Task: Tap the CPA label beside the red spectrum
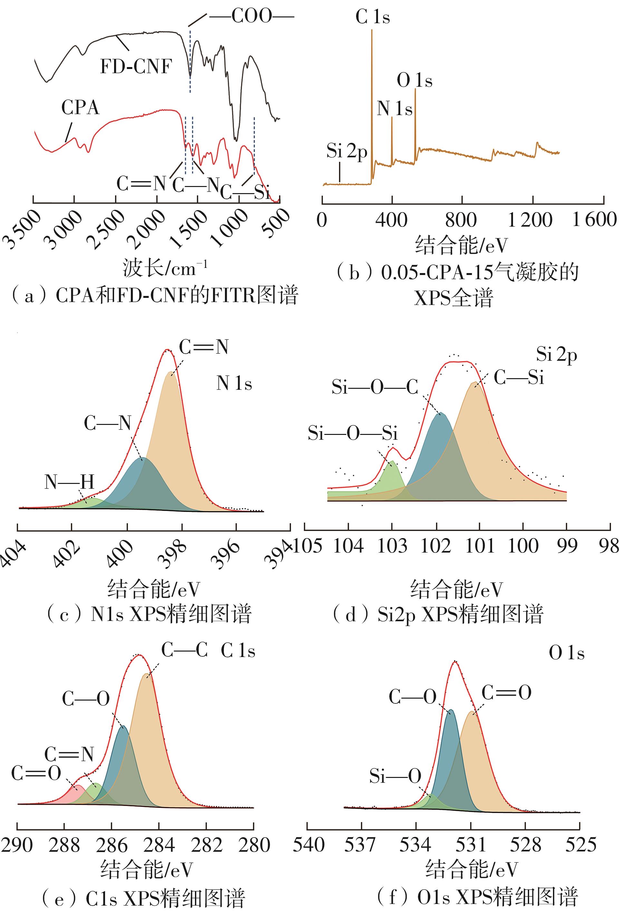click(80, 108)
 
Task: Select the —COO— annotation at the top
click(251, 16)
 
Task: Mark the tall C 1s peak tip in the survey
click(372, 31)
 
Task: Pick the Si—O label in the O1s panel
click(395, 776)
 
